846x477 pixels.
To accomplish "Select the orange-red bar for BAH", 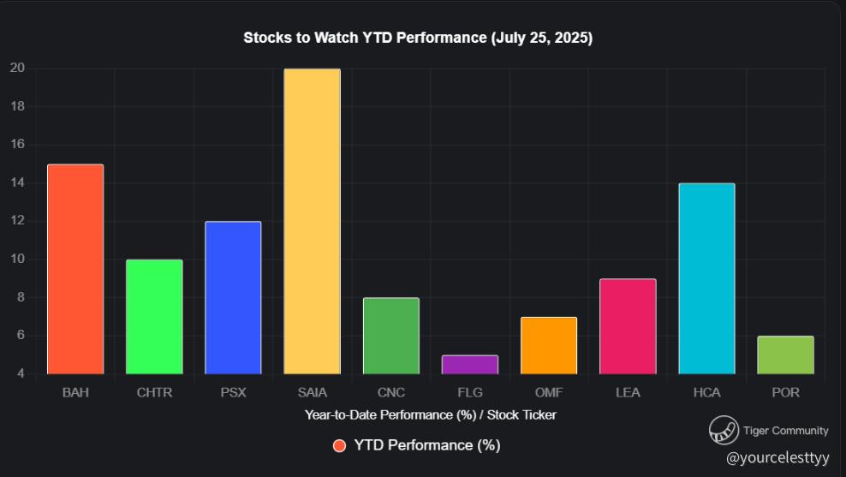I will [x=75, y=269].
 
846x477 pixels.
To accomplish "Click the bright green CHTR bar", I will [x=154, y=317].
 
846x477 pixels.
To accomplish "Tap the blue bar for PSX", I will [x=233, y=297].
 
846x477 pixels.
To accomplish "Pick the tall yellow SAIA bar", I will [x=312, y=221].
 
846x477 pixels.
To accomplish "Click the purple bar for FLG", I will [x=469, y=365].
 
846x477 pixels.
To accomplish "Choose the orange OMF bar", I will [x=549, y=345].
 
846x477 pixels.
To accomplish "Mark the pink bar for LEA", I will [x=628, y=326].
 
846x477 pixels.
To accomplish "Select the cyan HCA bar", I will [x=706, y=278].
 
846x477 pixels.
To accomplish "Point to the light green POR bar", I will [x=785, y=355].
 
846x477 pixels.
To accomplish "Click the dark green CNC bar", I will [x=390, y=336].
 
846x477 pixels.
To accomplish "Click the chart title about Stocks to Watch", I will [x=418, y=39].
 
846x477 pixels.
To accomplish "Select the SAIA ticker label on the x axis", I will [x=312, y=393].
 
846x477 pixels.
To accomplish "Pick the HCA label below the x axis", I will [x=706, y=393].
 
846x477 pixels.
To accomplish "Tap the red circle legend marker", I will [x=339, y=445].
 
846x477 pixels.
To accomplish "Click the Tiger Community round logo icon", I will [x=724, y=431].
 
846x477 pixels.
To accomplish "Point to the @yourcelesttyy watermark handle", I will [x=777, y=457].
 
